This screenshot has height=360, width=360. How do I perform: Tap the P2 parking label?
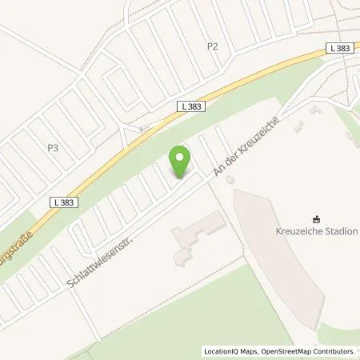[x=212, y=46]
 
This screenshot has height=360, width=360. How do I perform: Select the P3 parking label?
[x=53, y=148]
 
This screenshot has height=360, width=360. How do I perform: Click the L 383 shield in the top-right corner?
[x=338, y=49]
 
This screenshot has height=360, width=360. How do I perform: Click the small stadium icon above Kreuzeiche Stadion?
[x=317, y=217]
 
